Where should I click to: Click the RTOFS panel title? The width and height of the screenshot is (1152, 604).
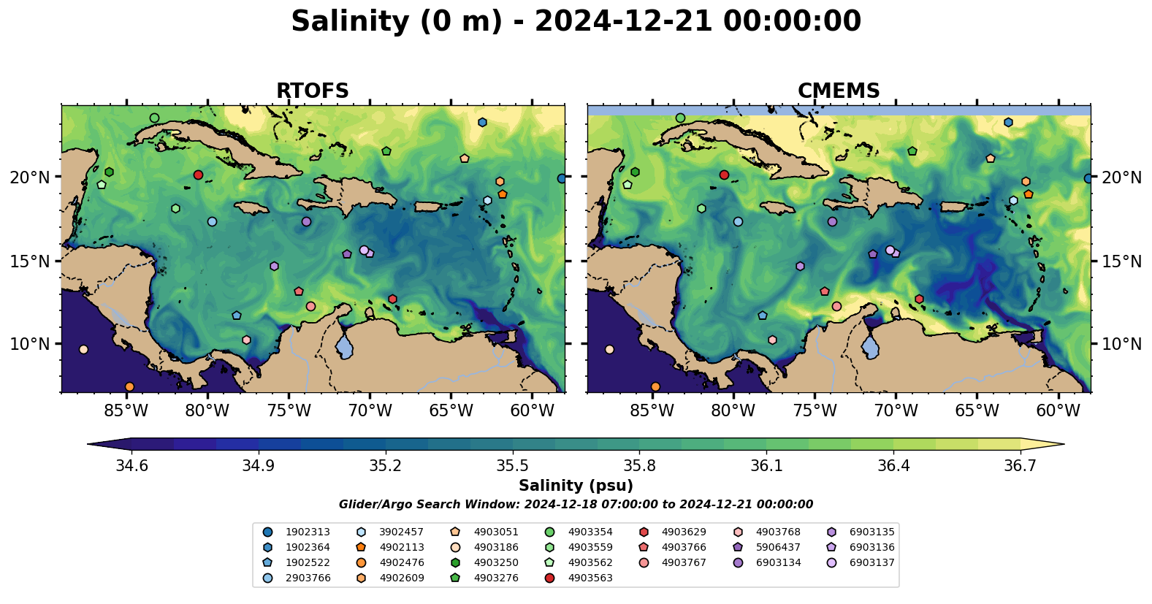(x=312, y=91)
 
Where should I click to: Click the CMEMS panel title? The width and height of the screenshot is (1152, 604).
(x=839, y=91)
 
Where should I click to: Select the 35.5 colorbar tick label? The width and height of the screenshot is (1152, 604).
(x=512, y=466)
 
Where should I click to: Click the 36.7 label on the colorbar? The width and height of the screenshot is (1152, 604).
(x=1020, y=466)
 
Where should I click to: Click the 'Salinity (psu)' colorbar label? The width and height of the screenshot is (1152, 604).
(x=576, y=486)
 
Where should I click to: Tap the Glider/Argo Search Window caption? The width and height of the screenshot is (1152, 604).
(x=576, y=505)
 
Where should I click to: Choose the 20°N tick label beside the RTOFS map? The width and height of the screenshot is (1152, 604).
(x=30, y=177)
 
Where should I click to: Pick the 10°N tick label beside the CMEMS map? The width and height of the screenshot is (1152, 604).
(x=1121, y=344)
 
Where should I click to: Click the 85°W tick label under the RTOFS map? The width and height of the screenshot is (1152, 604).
(x=126, y=411)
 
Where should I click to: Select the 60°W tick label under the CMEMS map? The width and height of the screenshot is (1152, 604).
(x=1058, y=411)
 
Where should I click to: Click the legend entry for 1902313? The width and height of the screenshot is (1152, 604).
(x=308, y=532)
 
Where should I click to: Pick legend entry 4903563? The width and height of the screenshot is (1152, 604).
(x=590, y=578)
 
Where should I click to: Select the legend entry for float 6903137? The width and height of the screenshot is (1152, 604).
(x=871, y=563)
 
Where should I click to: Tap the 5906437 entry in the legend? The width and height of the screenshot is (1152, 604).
(x=778, y=548)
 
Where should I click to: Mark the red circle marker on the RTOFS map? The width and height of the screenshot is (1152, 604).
(x=198, y=175)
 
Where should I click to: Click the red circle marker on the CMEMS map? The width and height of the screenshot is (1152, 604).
(x=724, y=175)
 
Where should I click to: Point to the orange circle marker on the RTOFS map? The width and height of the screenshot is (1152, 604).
(x=129, y=386)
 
